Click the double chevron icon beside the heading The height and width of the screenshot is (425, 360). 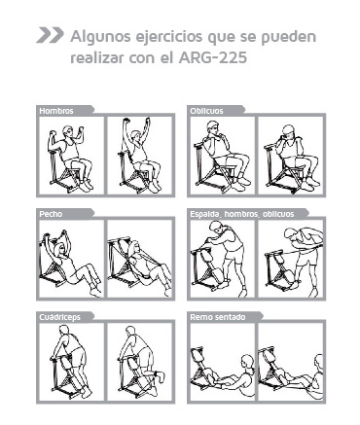tap(50, 35)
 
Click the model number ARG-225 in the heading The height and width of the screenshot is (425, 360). tap(212, 58)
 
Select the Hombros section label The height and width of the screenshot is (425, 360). tap(56, 111)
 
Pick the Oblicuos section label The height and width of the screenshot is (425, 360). tap(206, 111)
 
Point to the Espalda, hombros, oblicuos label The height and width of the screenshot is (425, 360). tap(242, 214)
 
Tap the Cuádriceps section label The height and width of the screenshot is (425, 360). tap(59, 317)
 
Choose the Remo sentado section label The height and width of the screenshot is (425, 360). tap(218, 317)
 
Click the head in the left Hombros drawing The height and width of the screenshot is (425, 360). tap(68, 131)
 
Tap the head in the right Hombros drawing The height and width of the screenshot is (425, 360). tap(137, 136)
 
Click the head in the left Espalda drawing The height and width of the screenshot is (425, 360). tap(216, 227)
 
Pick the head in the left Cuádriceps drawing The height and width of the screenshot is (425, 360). tap(64, 331)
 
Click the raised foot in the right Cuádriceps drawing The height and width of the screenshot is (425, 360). tap(160, 377)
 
